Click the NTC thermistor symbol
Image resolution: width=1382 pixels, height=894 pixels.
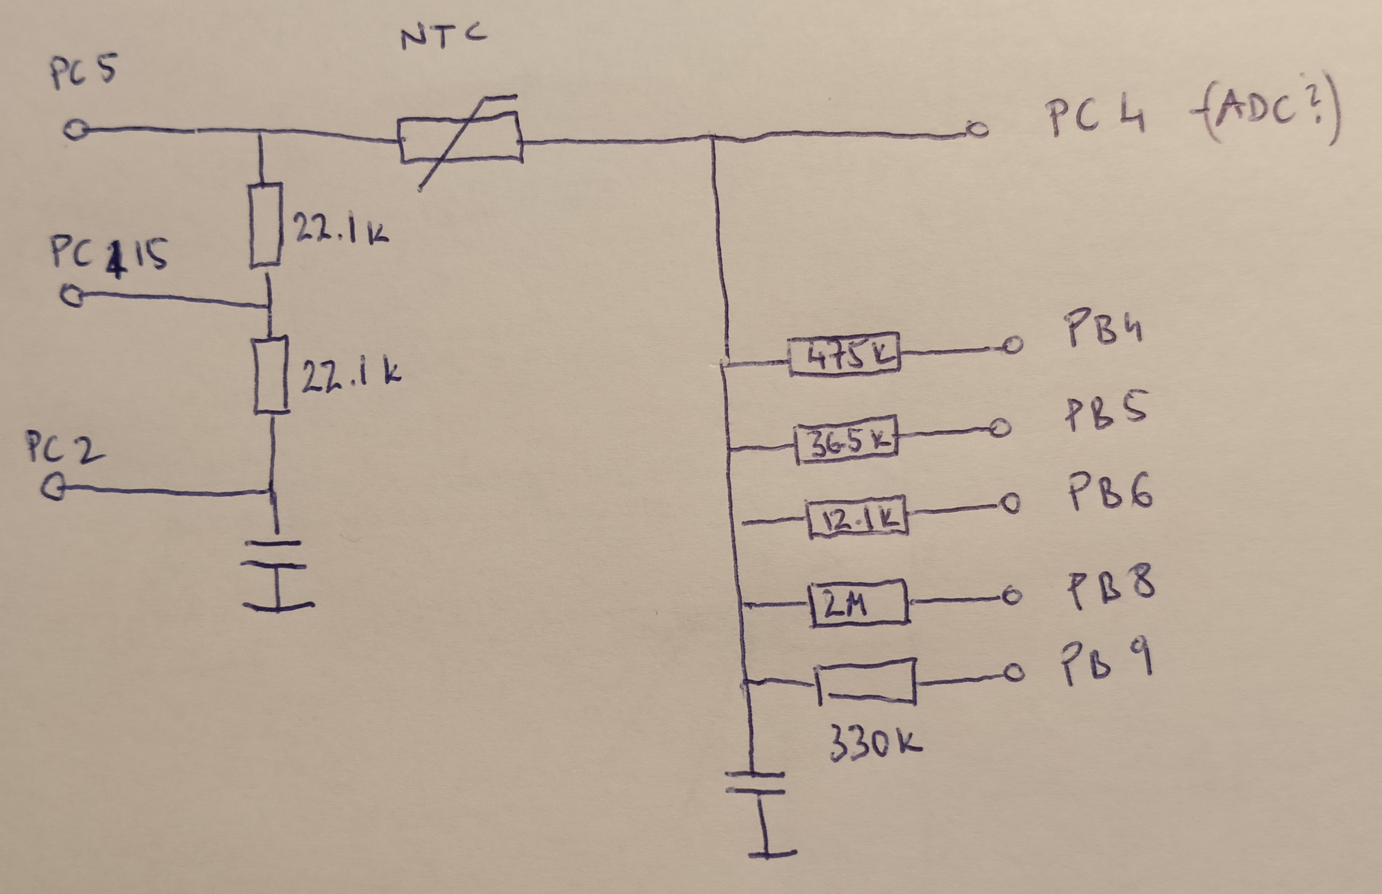[461, 139]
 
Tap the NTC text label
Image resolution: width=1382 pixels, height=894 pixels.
[443, 37]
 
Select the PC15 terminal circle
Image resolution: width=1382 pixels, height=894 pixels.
[72, 296]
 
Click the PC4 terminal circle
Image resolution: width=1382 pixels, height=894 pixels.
[977, 129]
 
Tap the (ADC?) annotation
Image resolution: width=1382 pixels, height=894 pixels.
[1269, 114]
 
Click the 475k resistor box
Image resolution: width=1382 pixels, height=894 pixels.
[844, 354]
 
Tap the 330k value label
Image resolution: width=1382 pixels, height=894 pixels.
[874, 743]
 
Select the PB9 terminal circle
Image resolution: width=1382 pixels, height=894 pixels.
[1014, 673]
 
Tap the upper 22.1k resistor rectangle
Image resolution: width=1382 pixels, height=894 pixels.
[266, 225]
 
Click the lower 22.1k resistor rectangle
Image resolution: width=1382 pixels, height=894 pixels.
[271, 375]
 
